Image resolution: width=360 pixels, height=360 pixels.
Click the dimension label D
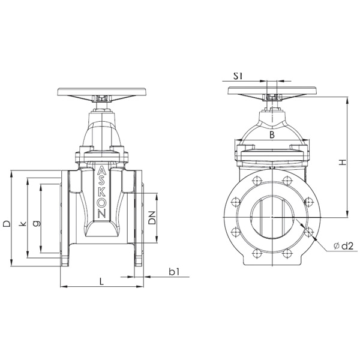click(x=7, y=223)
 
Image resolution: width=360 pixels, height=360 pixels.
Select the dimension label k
click(x=23, y=223)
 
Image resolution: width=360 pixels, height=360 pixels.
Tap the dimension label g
click(x=36, y=223)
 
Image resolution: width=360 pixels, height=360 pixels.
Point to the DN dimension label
click(x=152, y=217)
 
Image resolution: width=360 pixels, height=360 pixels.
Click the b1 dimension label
click(x=174, y=272)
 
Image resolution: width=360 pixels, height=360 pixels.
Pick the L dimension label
click(x=101, y=281)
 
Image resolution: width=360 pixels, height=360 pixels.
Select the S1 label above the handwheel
click(x=238, y=76)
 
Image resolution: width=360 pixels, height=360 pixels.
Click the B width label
click(x=272, y=135)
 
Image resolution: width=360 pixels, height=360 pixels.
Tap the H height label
click(x=343, y=163)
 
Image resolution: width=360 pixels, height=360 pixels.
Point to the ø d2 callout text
click(x=343, y=246)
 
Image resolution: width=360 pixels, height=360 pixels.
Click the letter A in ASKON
click(x=101, y=171)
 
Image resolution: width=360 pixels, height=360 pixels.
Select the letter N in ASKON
click(x=102, y=214)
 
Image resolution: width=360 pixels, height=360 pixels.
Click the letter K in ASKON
click(x=102, y=193)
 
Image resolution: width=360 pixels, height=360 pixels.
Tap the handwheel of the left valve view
click(x=101, y=92)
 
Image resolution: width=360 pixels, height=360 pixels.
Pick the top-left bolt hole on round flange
click(x=257, y=181)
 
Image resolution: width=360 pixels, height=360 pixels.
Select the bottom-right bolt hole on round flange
click(x=287, y=253)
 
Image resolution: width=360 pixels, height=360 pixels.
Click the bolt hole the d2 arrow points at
click(x=309, y=232)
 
